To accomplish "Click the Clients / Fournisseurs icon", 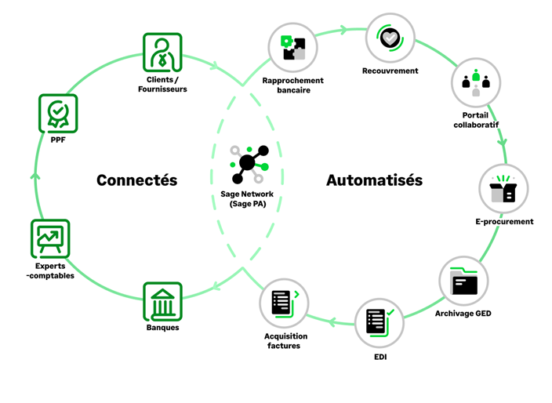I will pos(162,53).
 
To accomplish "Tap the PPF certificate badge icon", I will pos(58,114).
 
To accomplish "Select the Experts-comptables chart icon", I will pos(51,238).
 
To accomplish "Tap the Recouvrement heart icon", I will pos(390,37).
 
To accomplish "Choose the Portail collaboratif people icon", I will pos(475,82).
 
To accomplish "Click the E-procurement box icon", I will pos(503,189).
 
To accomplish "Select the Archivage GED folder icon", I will pos(464,281).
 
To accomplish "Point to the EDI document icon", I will pos(380,323).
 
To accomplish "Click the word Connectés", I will pos(137,180).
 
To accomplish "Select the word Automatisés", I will pos(374,180).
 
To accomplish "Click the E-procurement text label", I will pos(504,222).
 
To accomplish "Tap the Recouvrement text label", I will pos(390,71).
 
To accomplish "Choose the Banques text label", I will pos(162,328).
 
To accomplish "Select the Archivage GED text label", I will pos(463,314).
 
